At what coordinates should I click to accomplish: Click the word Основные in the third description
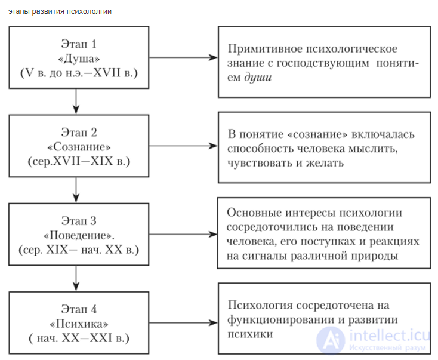(x=252, y=213)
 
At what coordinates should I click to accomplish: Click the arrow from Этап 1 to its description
(x=183, y=57)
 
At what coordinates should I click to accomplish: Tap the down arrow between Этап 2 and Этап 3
(x=75, y=190)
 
